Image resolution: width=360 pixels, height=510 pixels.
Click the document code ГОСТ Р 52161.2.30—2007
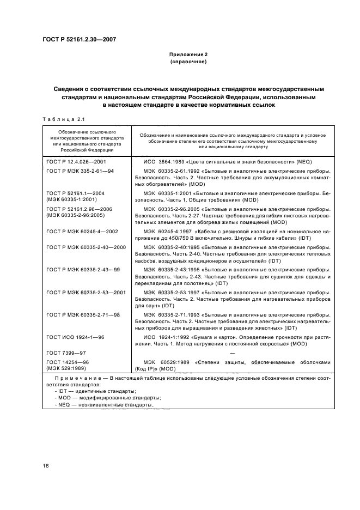[x=80, y=39]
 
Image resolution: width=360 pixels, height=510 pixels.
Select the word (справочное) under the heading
[x=188, y=62]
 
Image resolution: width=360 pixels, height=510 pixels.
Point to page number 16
[x=46, y=465]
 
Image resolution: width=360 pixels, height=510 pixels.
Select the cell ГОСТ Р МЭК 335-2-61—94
[x=80, y=171]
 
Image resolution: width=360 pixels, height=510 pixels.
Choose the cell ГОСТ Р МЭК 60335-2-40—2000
[x=86, y=247]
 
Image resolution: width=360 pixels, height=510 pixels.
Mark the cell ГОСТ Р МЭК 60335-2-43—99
[x=83, y=270]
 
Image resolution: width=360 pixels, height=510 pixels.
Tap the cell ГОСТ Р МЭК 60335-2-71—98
[x=83, y=315]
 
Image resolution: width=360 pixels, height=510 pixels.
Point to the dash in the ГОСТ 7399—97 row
[x=232, y=353]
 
